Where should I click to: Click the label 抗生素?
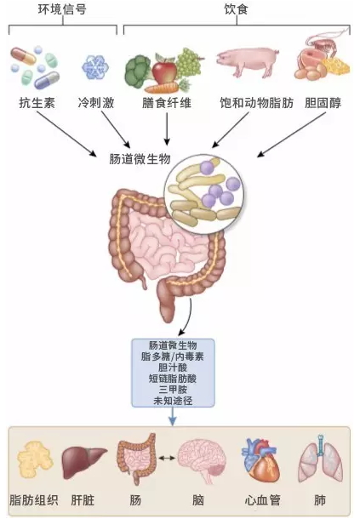pos(37,103)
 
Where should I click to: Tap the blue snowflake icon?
pos(95,67)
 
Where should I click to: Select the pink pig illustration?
pos(247,61)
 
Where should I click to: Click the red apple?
pos(164,71)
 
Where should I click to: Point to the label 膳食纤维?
pos(167,103)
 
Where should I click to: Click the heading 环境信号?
pos(62,9)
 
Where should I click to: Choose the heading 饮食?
pos(236,9)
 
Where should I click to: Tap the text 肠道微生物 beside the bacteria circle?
pos(140,159)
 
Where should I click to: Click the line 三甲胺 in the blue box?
pos(173,390)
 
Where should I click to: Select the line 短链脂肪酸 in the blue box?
pos(173,379)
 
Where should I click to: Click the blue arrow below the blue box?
pos(173,416)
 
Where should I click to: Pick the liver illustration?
pos(84,462)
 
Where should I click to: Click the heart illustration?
pos(260,460)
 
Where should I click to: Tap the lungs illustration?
pos(321,459)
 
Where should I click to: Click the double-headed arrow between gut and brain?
pos(167,458)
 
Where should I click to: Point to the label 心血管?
pos(263,499)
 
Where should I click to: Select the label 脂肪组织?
pos(34,499)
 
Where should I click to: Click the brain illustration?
pos(203,460)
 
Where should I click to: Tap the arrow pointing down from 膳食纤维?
pos(167,129)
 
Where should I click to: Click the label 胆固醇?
pos(323,103)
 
